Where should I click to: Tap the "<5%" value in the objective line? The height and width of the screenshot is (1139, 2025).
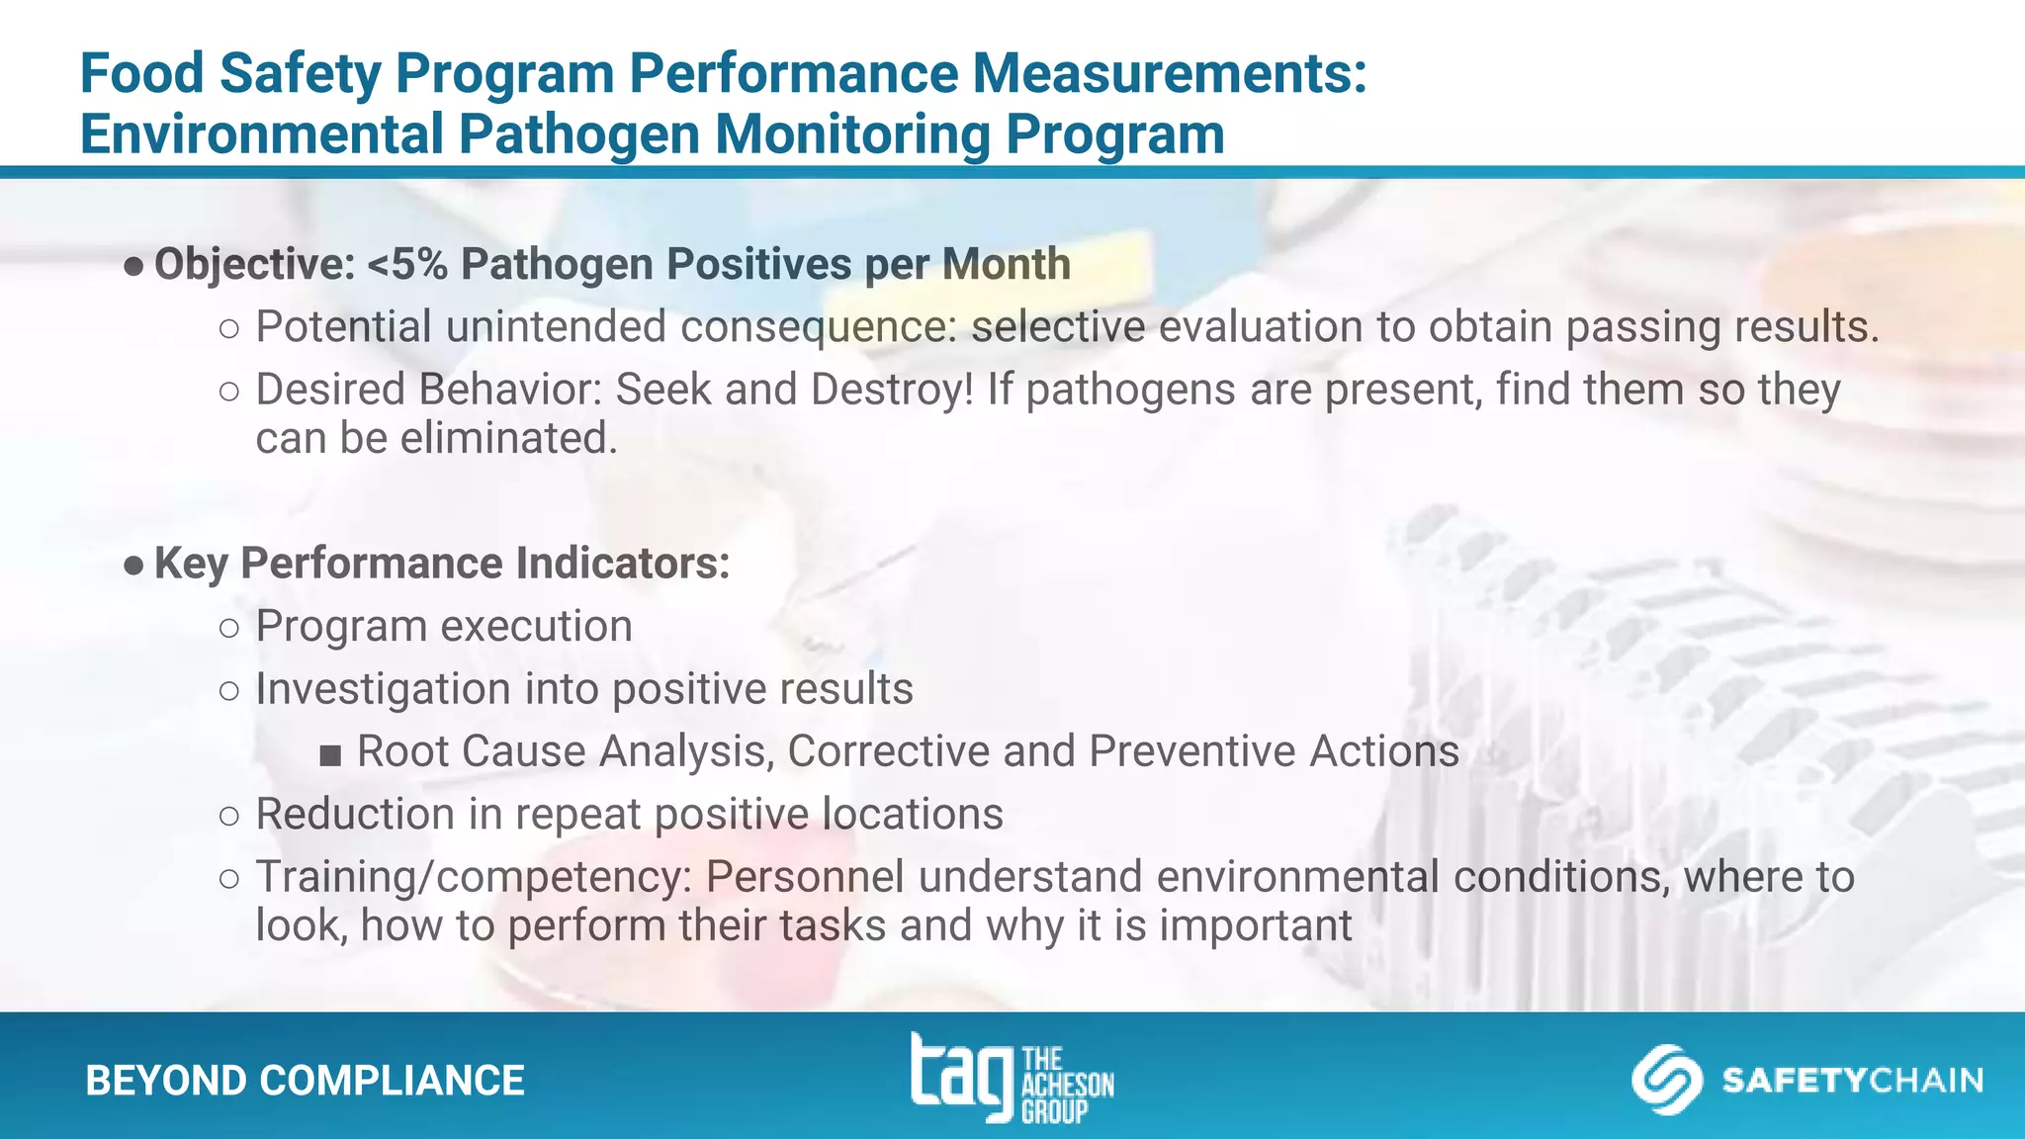click(407, 265)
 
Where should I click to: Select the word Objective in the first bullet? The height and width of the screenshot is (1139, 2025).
click(254, 265)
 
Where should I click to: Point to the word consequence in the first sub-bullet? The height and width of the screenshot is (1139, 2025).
click(818, 327)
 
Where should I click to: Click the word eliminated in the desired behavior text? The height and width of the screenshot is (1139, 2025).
click(508, 438)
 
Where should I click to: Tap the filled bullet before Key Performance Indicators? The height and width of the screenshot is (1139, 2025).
click(133, 566)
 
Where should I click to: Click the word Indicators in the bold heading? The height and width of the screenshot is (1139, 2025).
click(622, 564)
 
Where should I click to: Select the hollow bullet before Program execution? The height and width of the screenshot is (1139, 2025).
click(229, 628)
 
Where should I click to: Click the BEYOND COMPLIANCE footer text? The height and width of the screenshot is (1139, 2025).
click(305, 1081)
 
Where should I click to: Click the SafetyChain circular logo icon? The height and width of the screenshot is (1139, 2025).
click(1666, 1080)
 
